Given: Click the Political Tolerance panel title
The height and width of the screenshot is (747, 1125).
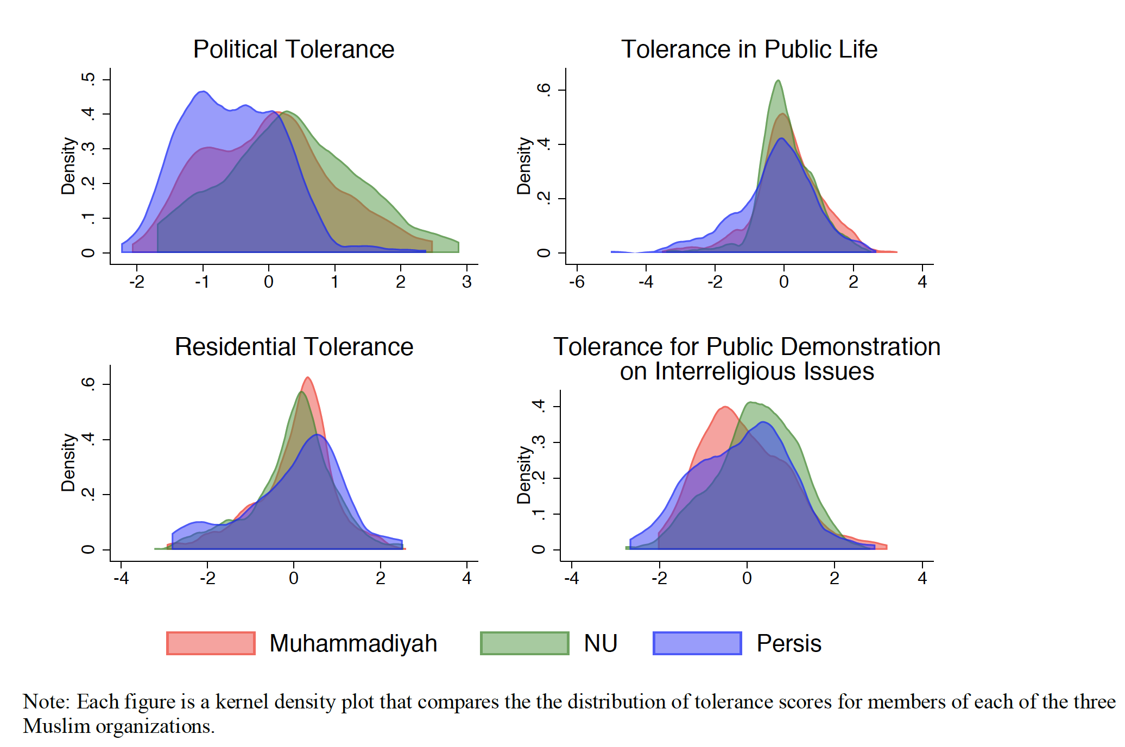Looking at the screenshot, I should (294, 49).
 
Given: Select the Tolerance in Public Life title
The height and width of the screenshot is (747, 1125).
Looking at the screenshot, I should (749, 49).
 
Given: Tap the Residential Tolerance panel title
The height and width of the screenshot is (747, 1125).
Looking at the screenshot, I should (294, 347).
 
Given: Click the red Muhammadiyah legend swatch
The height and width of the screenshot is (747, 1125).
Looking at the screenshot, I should (211, 643).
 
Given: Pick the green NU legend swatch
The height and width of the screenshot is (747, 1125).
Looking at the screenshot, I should (524, 643).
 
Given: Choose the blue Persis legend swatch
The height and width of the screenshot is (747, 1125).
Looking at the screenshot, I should (697, 643).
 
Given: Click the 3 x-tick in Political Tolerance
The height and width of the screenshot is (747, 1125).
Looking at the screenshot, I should (466, 282).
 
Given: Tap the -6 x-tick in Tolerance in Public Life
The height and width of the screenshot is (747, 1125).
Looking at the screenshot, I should (577, 282).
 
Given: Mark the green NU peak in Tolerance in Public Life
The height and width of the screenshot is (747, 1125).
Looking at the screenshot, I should (779, 81).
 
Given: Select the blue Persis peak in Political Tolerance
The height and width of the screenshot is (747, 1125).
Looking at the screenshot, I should (203, 92).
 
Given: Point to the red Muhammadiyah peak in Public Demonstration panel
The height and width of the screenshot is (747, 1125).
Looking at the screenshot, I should (725, 407).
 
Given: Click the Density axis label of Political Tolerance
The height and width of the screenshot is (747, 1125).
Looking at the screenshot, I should (68, 166).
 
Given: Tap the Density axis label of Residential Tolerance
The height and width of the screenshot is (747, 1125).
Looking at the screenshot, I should (68, 463).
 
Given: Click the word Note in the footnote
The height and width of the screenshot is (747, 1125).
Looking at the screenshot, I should (46, 702).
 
